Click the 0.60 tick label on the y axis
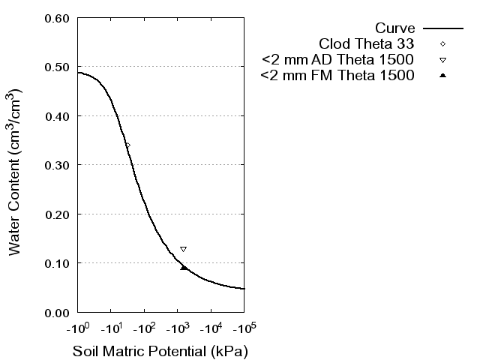(x=57, y=18)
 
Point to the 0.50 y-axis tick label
(x=57, y=67)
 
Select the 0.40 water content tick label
(x=57, y=116)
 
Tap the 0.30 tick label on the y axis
(x=57, y=165)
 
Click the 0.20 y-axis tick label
(x=57, y=214)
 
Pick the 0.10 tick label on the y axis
(x=57, y=263)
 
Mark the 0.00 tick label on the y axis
(x=57, y=312)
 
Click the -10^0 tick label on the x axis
(x=77, y=328)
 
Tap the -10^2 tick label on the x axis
(x=144, y=328)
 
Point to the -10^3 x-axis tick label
(x=177, y=328)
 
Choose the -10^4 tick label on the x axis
(x=211, y=328)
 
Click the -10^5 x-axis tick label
(x=244, y=328)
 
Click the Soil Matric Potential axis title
(x=160, y=351)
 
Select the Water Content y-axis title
(x=16, y=172)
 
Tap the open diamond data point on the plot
(x=127, y=145)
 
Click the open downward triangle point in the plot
(x=183, y=249)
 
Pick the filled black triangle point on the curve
(x=183, y=267)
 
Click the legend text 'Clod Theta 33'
(x=367, y=43)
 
